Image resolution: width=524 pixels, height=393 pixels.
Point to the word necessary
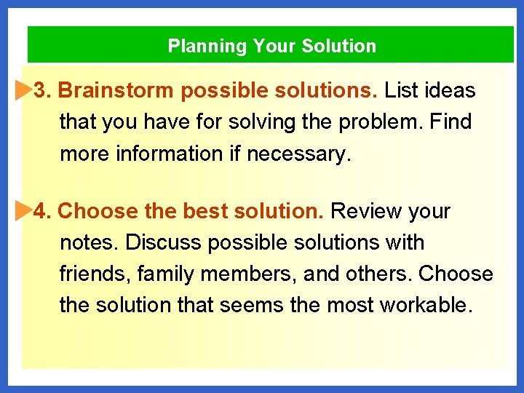tap(309, 154)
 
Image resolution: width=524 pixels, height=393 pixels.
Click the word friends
tap(92, 274)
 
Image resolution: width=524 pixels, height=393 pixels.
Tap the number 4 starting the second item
tap(41, 212)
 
